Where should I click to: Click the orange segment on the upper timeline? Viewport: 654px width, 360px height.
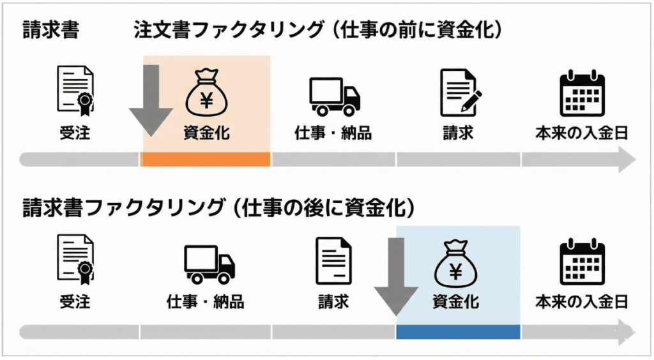[206, 160]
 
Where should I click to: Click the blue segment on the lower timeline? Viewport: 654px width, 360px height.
[458, 332]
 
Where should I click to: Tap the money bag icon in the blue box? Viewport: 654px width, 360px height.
[455, 265]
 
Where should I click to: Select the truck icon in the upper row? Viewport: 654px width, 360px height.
[334, 96]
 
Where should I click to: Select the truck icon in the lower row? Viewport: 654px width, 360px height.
[209, 264]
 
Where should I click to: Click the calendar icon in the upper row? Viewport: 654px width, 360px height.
[581, 94]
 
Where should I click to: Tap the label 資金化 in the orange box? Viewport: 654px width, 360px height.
[206, 134]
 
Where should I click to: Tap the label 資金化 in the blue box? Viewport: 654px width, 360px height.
[455, 301]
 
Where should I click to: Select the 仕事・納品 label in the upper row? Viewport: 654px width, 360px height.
[333, 134]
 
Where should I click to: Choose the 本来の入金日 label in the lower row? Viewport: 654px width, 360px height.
[581, 301]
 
